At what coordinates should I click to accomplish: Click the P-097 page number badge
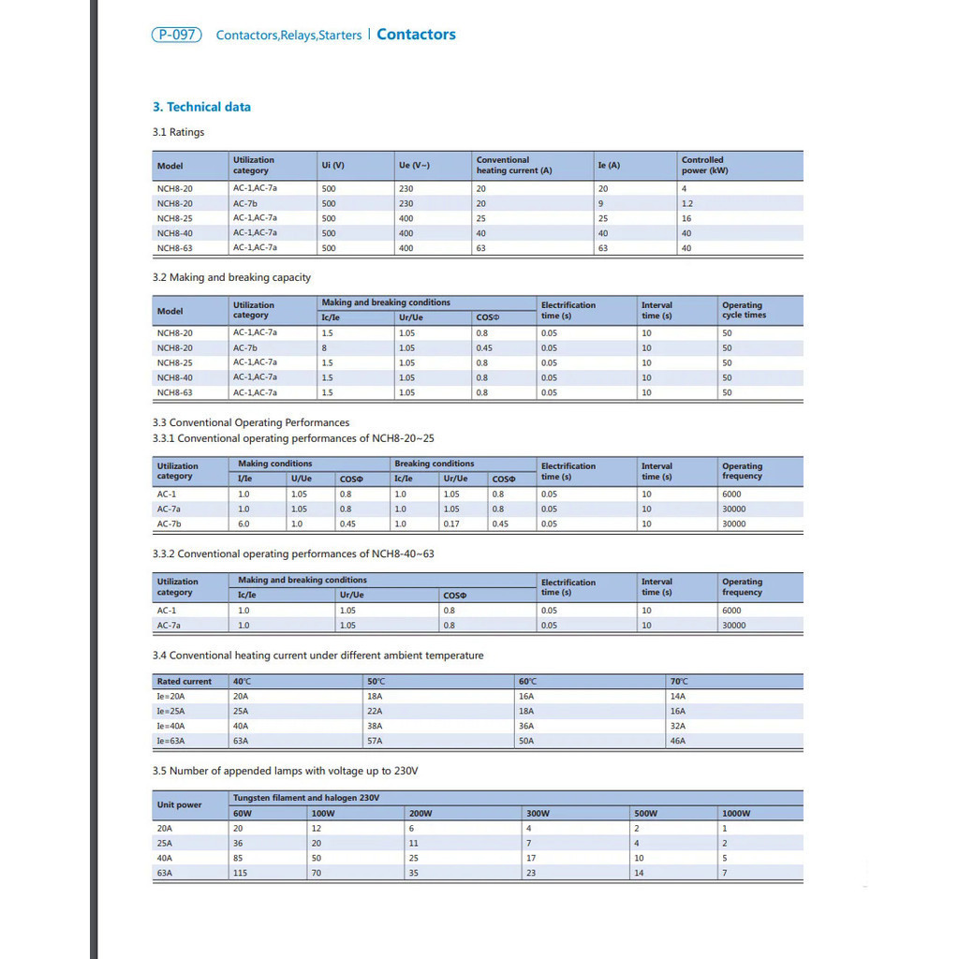click(x=176, y=35)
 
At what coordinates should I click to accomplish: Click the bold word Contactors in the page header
click(x=416, y=35)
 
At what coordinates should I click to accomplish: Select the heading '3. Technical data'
click(x=201, y=107)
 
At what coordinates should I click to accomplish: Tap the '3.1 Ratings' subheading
click(x=178, y=132)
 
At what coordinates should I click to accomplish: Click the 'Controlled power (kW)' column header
click(x=704, y=166)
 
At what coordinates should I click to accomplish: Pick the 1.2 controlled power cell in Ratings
click(x=687, y=203)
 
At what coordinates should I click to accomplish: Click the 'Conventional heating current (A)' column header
click(x=514, y=166)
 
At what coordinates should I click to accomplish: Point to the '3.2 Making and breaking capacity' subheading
click(x=231, y=277)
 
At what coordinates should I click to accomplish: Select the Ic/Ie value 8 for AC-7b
click(x=324, y=347)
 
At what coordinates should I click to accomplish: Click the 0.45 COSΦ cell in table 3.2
click(x=484, y=347)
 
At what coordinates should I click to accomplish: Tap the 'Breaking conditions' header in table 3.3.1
click(x=435, y=464)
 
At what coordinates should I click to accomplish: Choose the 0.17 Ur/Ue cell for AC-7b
click(x=451, y=524)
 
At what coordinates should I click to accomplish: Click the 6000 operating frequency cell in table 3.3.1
click(x=731, y=494)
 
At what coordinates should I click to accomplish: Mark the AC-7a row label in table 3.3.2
click(x=169, y=625)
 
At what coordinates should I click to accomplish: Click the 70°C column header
click(x=679, y=681)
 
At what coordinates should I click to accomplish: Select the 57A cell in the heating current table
click(x=375, y=741)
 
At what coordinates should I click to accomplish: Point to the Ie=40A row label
click(x=171, y=726)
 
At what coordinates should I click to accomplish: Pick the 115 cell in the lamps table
click(x=240, y=873)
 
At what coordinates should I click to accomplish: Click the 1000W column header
click(x=736, y=813)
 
